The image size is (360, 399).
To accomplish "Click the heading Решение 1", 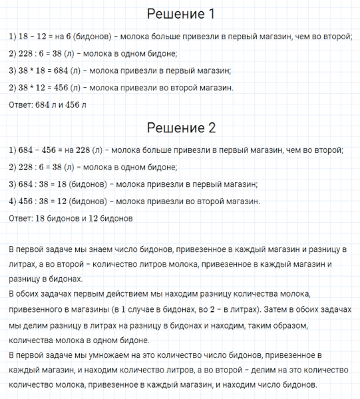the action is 180,14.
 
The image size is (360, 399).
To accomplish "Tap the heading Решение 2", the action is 180,128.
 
